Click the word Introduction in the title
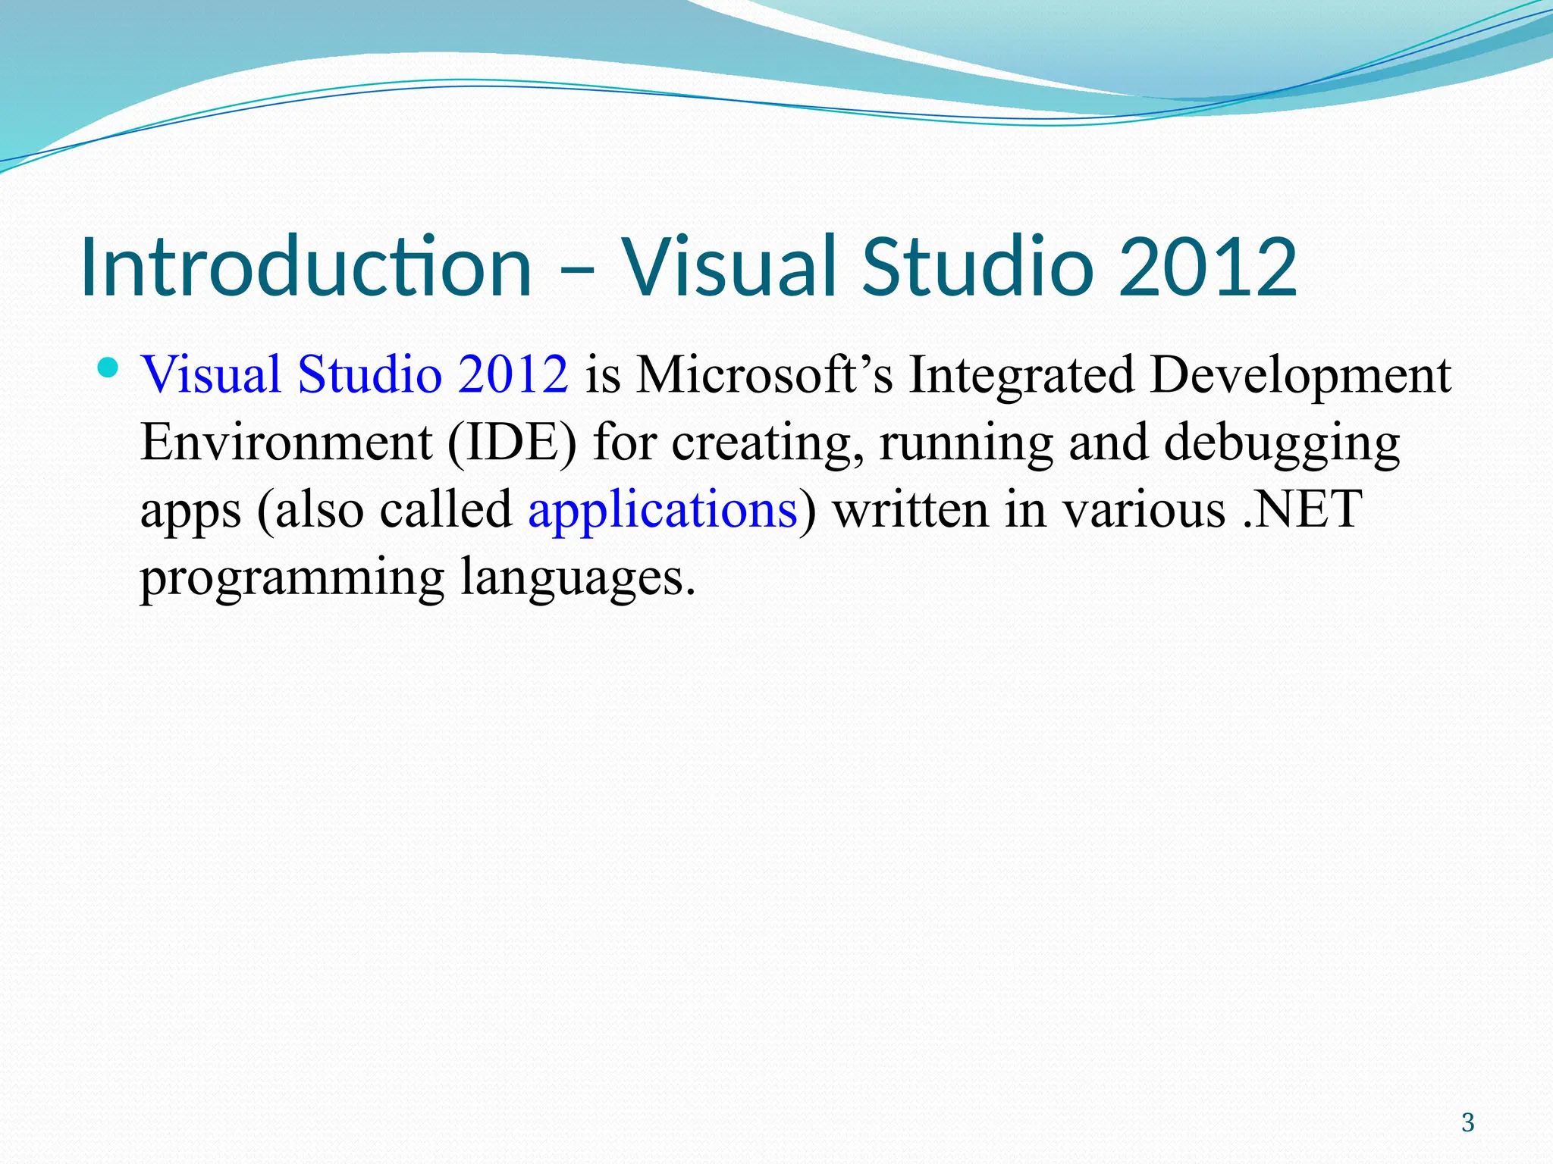(x=305, y=267)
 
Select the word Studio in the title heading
(x=977, y=267)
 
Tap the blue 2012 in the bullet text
(x=513, y=374)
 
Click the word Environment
(x=286, y=442)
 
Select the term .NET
(x=1303, y=509)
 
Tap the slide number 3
(x=1467, y=1122)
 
